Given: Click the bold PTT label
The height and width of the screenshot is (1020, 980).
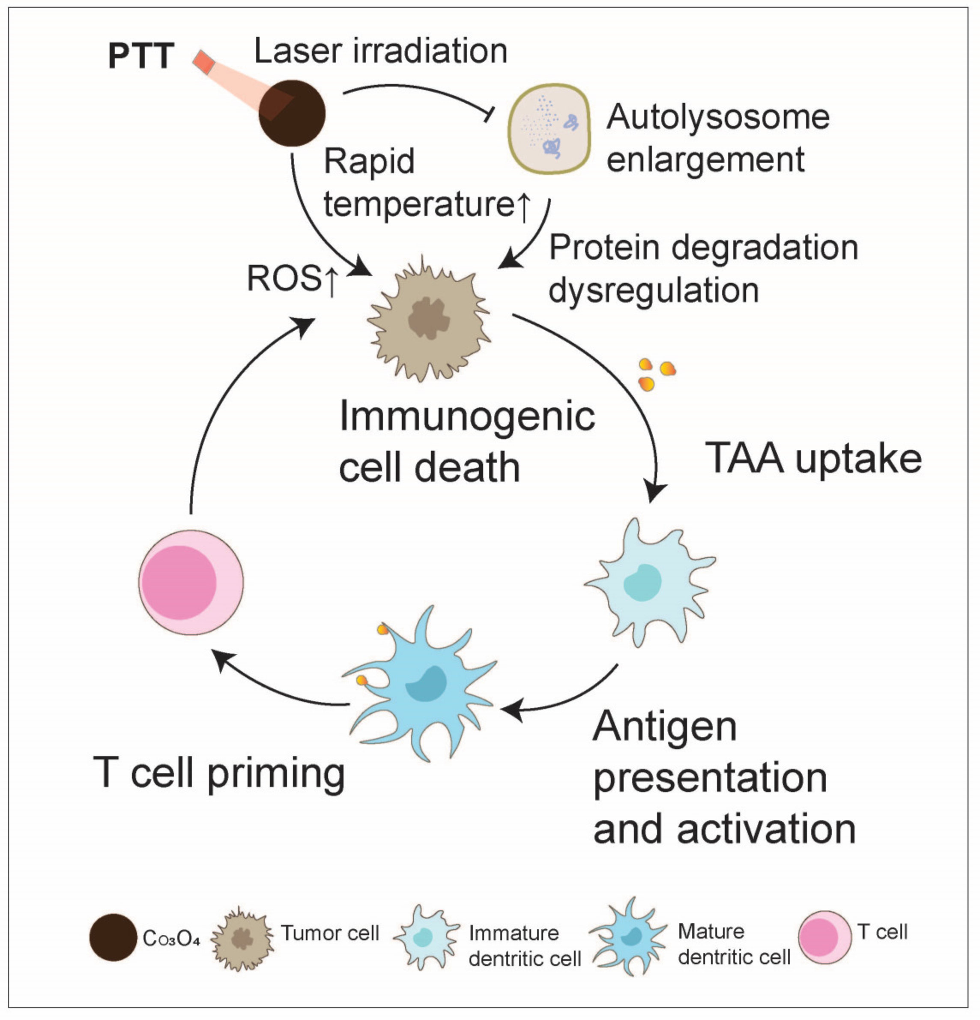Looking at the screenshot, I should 140,56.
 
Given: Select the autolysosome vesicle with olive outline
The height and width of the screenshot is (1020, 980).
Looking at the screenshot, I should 549,129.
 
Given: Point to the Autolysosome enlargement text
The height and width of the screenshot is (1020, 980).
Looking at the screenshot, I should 717,138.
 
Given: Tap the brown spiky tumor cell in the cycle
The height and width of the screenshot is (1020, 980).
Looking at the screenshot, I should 428,320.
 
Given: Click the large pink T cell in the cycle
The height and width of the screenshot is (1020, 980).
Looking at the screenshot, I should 191,582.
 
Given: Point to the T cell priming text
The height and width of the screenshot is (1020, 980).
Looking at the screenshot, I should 218,773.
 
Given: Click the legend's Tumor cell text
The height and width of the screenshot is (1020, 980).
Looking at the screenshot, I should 329,933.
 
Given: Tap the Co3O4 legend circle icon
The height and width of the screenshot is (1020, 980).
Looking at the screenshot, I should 113,937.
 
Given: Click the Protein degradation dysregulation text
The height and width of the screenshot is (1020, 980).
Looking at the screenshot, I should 702,269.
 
